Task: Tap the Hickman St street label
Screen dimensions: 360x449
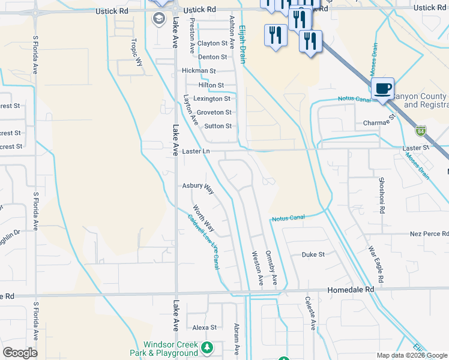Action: tap(198, 71)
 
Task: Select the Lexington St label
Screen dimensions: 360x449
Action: tap(211, 98)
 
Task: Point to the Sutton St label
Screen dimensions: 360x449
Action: tap(217, 126)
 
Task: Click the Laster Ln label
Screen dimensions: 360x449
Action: tap(196, 151)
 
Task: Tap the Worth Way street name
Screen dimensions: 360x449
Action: tap(203, 219)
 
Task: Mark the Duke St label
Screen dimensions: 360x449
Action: tap(313, 254)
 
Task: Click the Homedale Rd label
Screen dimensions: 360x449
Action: tap(351, 289)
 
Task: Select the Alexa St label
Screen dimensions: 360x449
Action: tap(204, 328)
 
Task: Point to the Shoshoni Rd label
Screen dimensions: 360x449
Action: tap(381, 196)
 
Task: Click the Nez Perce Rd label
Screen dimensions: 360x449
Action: tap(429, 233)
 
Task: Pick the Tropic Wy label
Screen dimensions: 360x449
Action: tap(138, 53)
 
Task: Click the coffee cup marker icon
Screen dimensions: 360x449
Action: tap(382, 89)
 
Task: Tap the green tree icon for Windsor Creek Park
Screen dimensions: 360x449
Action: tap(207, 347)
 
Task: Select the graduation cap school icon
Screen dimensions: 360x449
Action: tap(159, 19)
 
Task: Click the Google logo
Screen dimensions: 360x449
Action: tap(20, 353)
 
